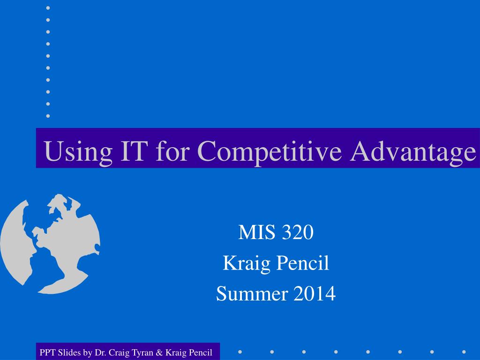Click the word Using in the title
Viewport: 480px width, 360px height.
click(78, 151)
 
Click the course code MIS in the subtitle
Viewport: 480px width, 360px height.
click(256, 232)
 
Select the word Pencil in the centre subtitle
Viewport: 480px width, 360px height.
click(303, 262)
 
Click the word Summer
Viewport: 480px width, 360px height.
click(252, 293)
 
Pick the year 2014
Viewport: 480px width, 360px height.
click(315, 293)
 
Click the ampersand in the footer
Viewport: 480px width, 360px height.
click(159, 352)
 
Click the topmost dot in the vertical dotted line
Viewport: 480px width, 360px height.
click(48, 8)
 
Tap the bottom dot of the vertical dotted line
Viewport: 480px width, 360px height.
click(48, 116)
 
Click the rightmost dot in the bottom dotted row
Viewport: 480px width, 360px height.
click(464, 352)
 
